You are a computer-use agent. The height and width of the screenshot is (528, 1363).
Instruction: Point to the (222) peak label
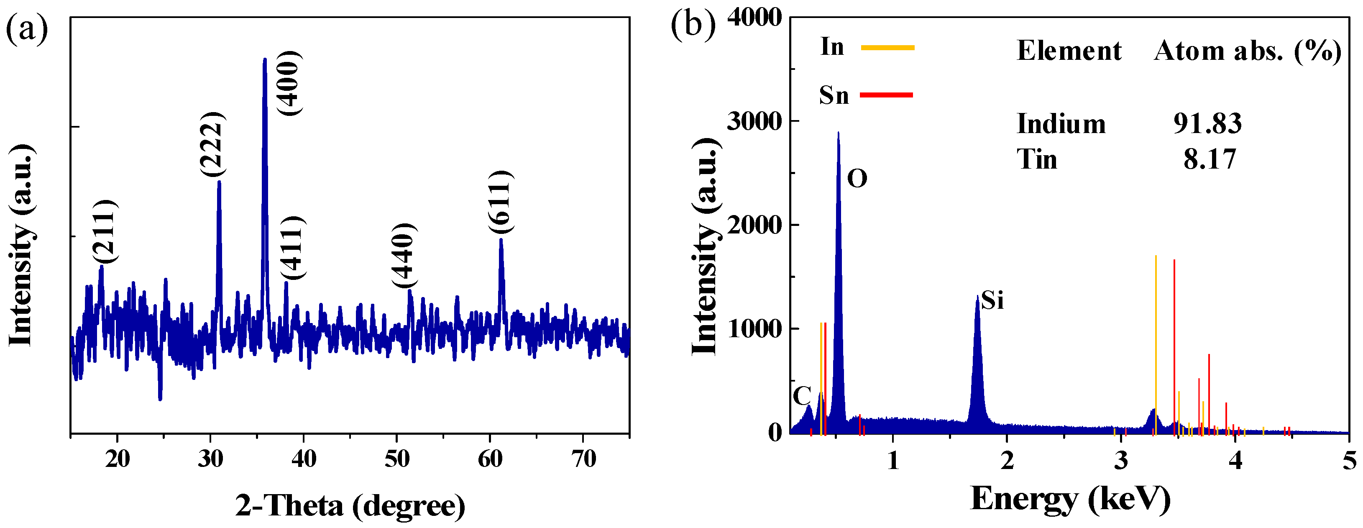pyautogui.click(x=213, y=144)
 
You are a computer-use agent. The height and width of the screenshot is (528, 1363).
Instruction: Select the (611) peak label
pyautogui.click(x=501, y=202)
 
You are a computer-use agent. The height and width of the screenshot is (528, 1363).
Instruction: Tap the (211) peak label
pyautogui.click(x=104, y=231)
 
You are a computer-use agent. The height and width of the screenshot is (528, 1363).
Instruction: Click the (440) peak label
pyautogui.click(x=404, y=256)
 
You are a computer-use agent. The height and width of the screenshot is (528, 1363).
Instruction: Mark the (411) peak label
pyautogui.click(x=293, y=248)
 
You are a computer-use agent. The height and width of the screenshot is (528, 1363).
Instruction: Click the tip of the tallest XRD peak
pyautogui.click(x=265, y=59)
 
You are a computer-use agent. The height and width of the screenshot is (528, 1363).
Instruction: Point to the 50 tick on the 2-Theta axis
pyautogui.click(x=397, y=458)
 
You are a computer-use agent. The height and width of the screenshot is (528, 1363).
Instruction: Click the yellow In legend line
pyautogui.click(x=887, y=48)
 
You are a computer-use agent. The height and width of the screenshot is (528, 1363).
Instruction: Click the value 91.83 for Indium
pyautogui.click(x=1207, y=124)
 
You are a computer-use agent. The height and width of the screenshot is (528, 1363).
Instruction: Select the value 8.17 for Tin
pyautogui.click(x=1210, y=159)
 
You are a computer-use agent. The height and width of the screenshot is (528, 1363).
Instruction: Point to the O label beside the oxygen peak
pyautogui.click(x=857, y=179)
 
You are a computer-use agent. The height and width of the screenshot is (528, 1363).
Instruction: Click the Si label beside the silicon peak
pyautogui.click(x=992, y=300)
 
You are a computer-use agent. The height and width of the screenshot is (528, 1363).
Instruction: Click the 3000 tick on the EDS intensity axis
pyautogui.click(x=754, y=122)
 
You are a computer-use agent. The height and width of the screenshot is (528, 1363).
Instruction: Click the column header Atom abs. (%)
pyautogui.click(x=1247, y=51)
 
